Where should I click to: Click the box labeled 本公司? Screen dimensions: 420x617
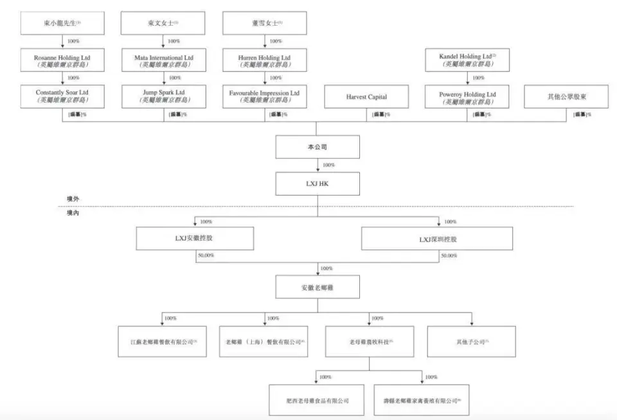pyautogui.click(x=317, y=147)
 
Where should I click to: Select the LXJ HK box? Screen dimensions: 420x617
pyautogui.click(x=317, y=183)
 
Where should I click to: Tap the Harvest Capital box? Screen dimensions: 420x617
pyautogui.click(x=366, y=97)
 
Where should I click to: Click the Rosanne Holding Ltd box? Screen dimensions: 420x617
pyautogui.click(x=62, y=60)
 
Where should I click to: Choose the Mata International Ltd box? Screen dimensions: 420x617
pyautogui.click(x=163, y=60)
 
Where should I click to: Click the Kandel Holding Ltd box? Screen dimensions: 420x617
pyautogui.click(x=470, y=60)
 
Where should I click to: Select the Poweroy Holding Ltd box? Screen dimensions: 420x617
pyautogui.click(x=470, y=97)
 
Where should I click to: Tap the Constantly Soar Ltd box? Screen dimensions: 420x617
pyautogui.click(x=62, y=97)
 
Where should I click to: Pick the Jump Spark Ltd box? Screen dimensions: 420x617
pyautogui.click(x=163, y=97)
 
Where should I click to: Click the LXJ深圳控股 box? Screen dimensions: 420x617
pyautogui.click(x=437, y=239)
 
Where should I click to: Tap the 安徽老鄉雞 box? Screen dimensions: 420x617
pyautogui.click(x=317, y=286)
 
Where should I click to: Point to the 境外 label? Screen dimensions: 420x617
pyautogui.click(x=72, y=199)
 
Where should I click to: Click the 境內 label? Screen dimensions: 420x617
pyautogui.click(x=72, y=212)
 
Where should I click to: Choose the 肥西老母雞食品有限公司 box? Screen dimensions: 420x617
pyautogui.click(x=317, y=400)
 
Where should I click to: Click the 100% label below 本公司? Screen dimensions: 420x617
pyautogui.click(x=328, y=165)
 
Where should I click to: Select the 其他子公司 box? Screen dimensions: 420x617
pyautogui.click(x=472, y=342)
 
